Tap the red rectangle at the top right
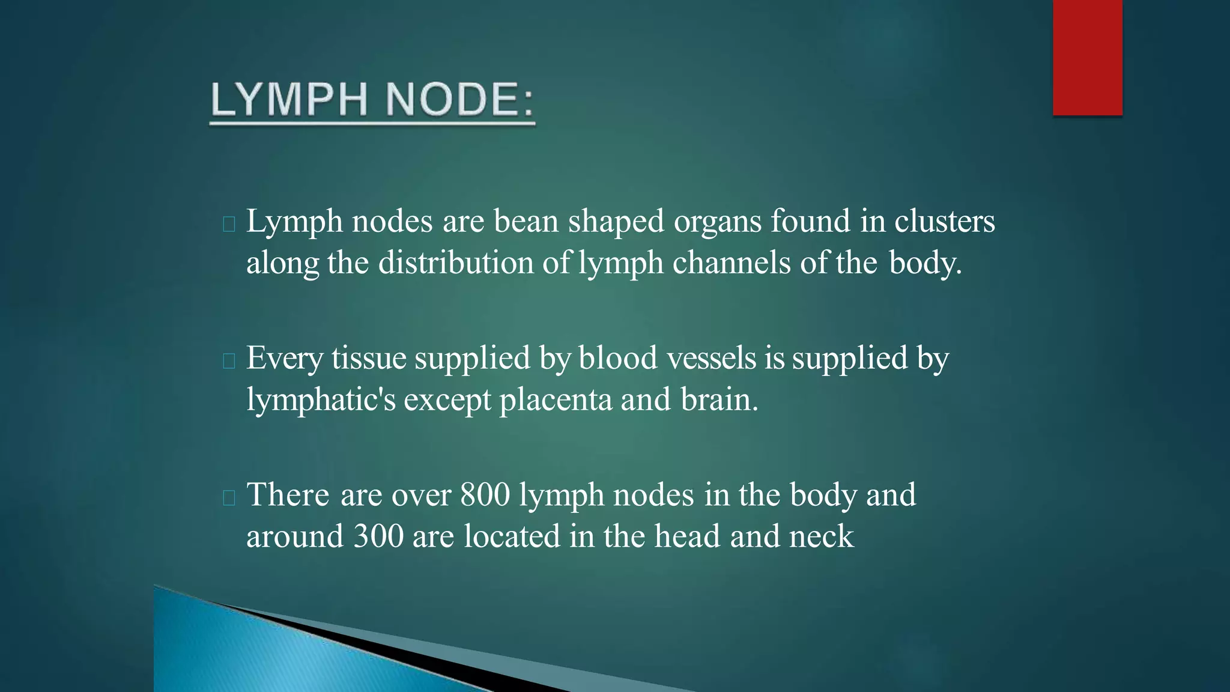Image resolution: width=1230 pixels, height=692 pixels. click(x=1087, y=57)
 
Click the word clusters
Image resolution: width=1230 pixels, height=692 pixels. click(x=944, y=221)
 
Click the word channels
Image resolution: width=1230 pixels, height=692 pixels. click(x=731, y=263)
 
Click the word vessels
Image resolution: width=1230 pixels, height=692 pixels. click(x=711, y=358)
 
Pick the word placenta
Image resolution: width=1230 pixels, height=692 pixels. click(x=555, y=399)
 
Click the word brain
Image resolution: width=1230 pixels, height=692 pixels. click(x=719, y=399)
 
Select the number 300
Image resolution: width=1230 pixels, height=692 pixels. click(x=378, y=536)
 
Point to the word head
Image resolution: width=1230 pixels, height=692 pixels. click(x=687, y=536)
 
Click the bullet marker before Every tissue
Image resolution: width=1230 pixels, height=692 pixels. click(x=228, y=361)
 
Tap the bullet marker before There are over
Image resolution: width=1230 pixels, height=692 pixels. click(x=228, y=498)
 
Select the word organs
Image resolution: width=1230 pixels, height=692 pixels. click(x=717, y=222)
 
